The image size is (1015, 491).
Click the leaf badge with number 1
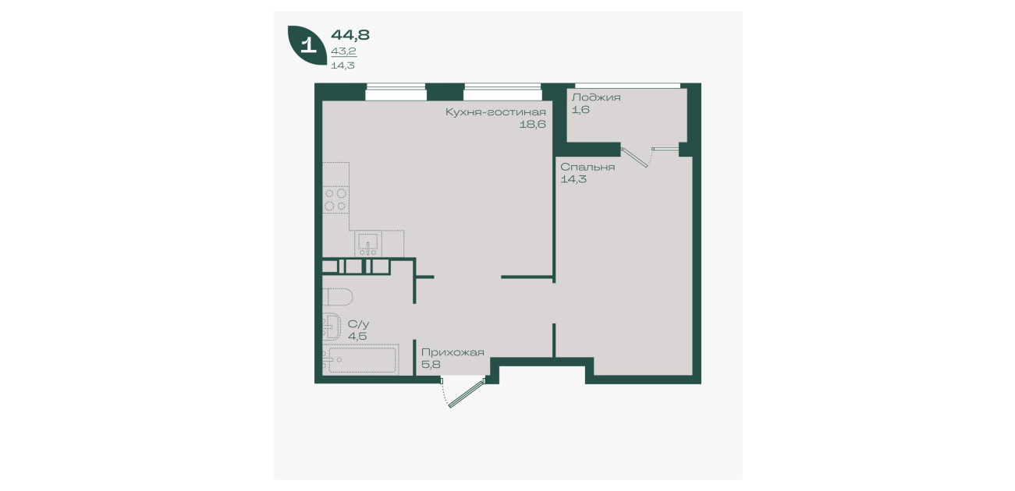tap(307, 44)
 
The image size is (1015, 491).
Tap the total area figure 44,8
tap(350, 34)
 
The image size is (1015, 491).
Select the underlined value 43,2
tap(344, 51)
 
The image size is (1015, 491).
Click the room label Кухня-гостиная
tap(495, 111)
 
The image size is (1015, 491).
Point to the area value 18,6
tap(532, 124)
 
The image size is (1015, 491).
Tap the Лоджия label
tap(596, 97)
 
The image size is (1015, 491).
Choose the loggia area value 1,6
tap(580, 110)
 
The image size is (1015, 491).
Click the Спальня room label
tap(587, 167)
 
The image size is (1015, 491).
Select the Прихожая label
tap(452, 352)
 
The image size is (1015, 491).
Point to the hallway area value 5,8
tap(431, 364)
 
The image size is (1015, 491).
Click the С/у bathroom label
tap(358, 324)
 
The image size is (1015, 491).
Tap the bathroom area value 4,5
tap(357, 336)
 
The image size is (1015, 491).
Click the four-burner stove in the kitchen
tap(335, 200)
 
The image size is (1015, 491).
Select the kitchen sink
tap(368, 243)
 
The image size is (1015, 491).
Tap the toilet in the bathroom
tap(338, 297)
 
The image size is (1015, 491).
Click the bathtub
tap(360, 360)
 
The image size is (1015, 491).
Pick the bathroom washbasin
tap(332, 327)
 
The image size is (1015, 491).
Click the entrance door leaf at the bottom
tap(467, 394)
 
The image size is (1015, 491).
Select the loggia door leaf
tap(634, 157)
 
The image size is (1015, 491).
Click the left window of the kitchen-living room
tap(396, 92)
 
